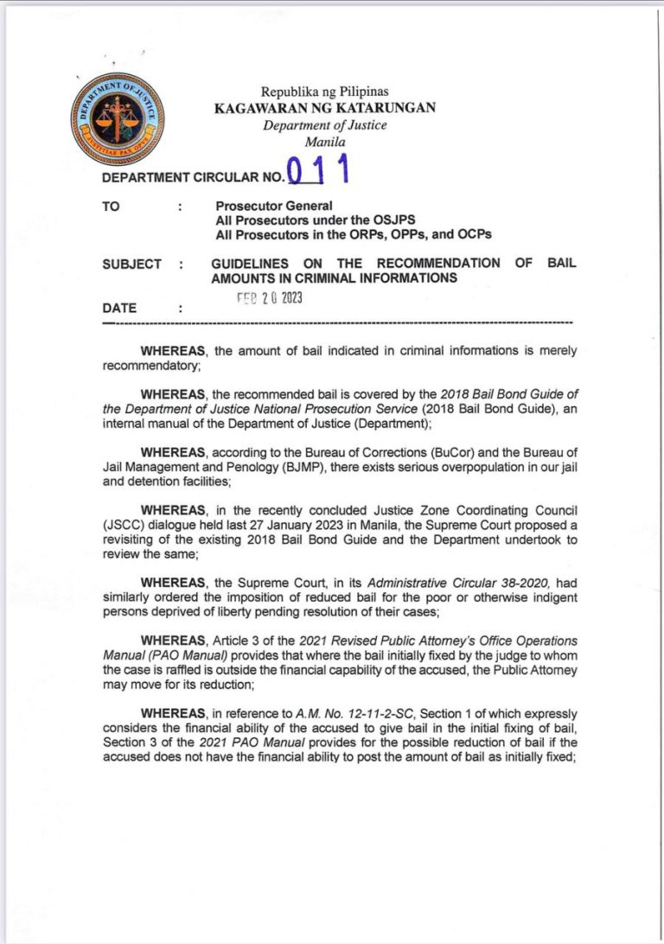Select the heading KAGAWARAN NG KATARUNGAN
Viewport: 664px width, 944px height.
click(x=325, y=108)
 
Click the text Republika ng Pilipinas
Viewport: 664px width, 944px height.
click(x=325, y=92)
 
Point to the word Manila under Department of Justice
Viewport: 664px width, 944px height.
click(x=325, y=142)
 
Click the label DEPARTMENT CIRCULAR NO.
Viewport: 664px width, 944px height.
click(x=192, y=178)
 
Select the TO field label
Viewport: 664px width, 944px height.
click(x=111, y=206)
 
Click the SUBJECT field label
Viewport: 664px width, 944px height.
click(x=131, y=264)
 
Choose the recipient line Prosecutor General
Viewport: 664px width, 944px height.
click(x=274, y=206)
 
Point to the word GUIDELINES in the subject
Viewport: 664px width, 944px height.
click(x=250, y=263)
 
